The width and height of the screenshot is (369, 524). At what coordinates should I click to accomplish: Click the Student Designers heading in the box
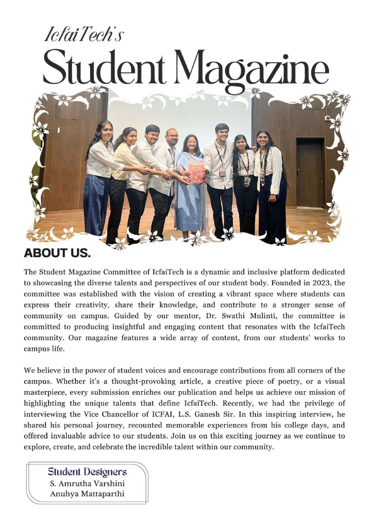point(87,472)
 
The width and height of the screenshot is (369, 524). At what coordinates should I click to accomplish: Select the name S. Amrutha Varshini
point(87,483)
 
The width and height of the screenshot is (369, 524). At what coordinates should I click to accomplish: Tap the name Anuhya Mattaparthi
point(87,494)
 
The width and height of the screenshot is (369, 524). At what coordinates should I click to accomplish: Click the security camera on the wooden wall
point(327,118)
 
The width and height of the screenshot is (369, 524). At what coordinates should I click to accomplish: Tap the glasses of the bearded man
point(173,136)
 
